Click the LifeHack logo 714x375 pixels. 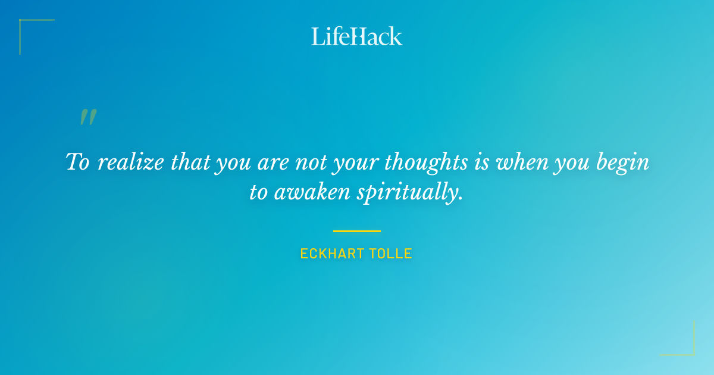356,36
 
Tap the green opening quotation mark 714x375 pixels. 88,117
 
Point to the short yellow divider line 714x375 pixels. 356,231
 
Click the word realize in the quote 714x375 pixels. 130,162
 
